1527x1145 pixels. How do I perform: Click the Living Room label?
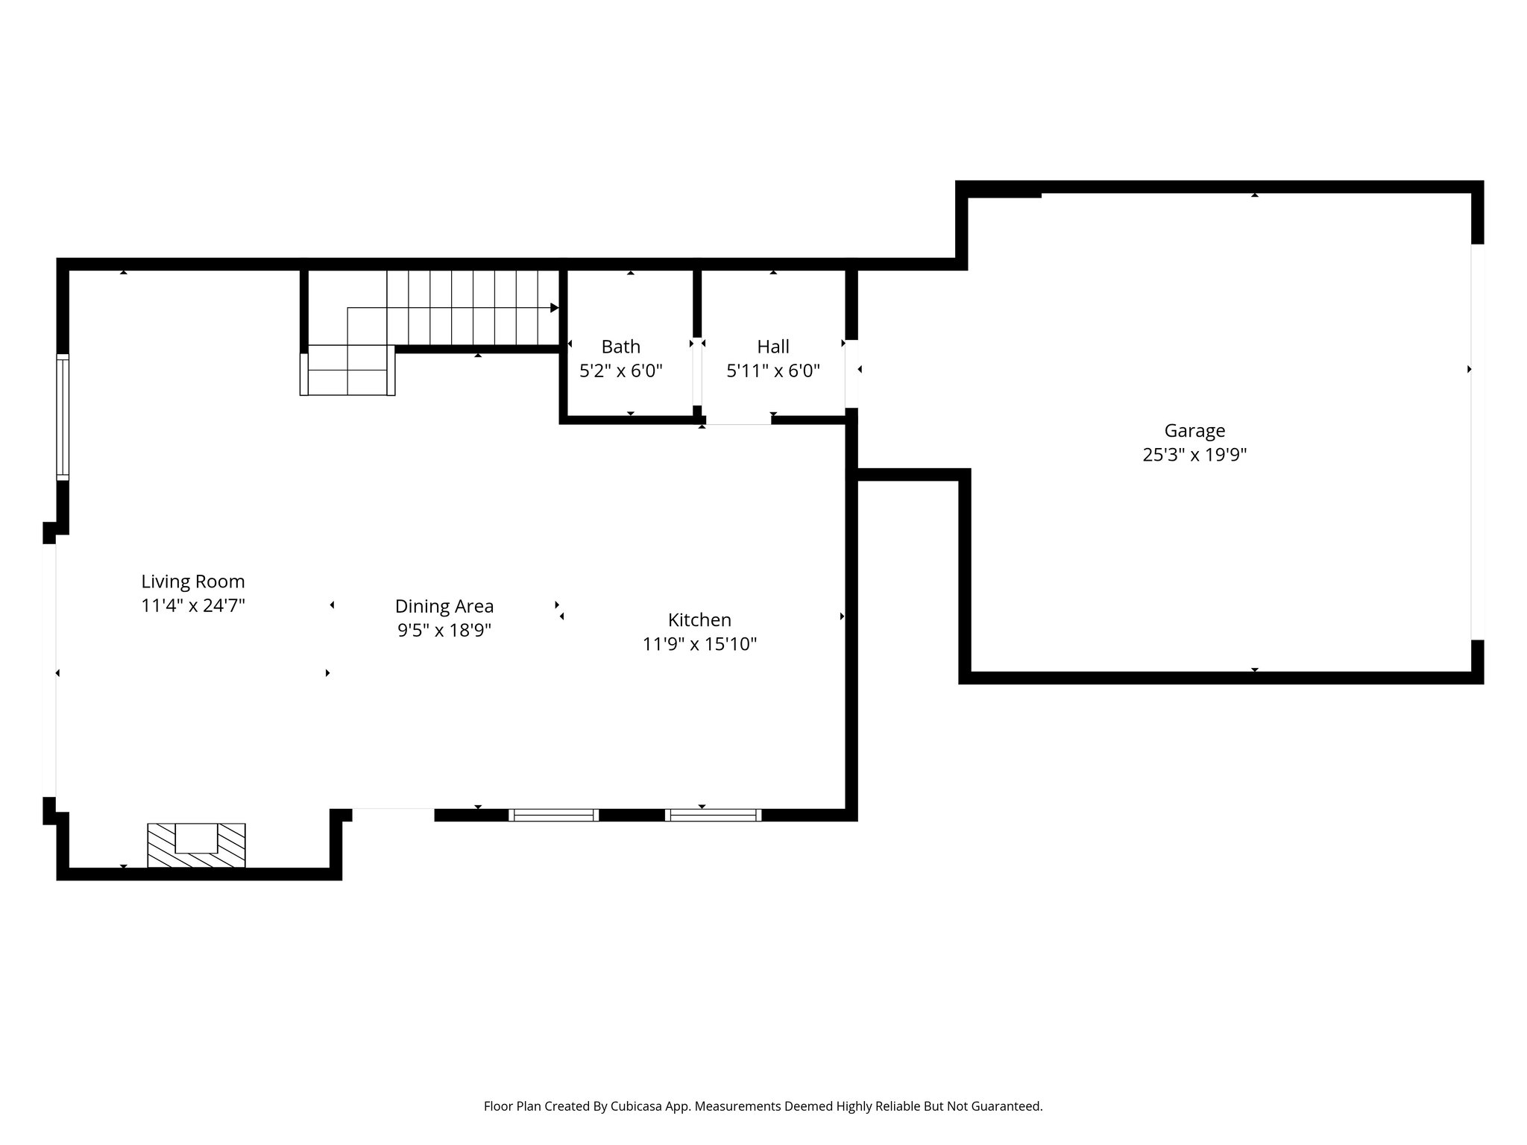point(193,581)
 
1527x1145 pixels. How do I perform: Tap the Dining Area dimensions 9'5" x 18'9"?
point(444,631)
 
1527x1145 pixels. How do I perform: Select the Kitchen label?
point(699,619)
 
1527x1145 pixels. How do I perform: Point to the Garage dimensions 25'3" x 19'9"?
point(1194,455)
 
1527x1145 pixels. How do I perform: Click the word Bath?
point(620,347)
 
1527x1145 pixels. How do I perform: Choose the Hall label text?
point(773,347)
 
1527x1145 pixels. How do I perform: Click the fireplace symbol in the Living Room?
point(196,845)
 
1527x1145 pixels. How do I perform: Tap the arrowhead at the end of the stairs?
point(554,308)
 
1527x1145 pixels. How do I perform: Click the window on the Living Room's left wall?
point(63,417)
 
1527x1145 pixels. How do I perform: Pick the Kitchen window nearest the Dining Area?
point(553,815)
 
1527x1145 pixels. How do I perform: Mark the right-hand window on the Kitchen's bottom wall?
point(713,815)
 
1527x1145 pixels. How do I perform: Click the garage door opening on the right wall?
point(1477,441)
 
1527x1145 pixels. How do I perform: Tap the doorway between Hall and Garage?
point(851,374)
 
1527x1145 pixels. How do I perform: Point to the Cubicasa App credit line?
point(763,1106)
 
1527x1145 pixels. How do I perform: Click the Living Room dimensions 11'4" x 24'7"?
point(193,605)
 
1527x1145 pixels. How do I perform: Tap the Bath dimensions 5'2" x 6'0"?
point(620,370)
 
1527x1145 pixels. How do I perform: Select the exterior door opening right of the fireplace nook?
point(393,814)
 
